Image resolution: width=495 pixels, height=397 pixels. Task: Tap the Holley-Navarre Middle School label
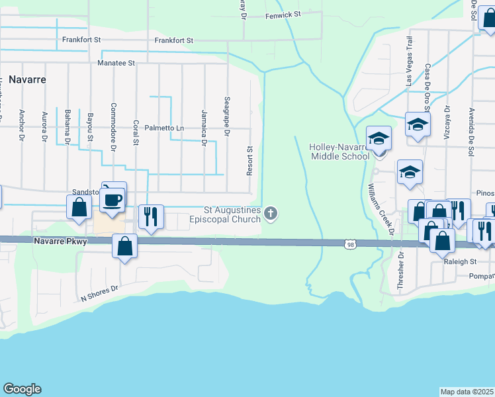[x=339, y=152]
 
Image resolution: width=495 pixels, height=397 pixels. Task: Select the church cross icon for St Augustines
[x=270, y=213]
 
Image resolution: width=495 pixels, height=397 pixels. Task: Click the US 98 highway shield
[x=349, y=244]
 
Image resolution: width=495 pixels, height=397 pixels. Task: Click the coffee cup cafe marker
[x=114, y=198]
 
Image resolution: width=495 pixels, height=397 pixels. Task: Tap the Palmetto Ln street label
[x=164, y=128]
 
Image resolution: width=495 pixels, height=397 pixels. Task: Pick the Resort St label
[x=250, y=161]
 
